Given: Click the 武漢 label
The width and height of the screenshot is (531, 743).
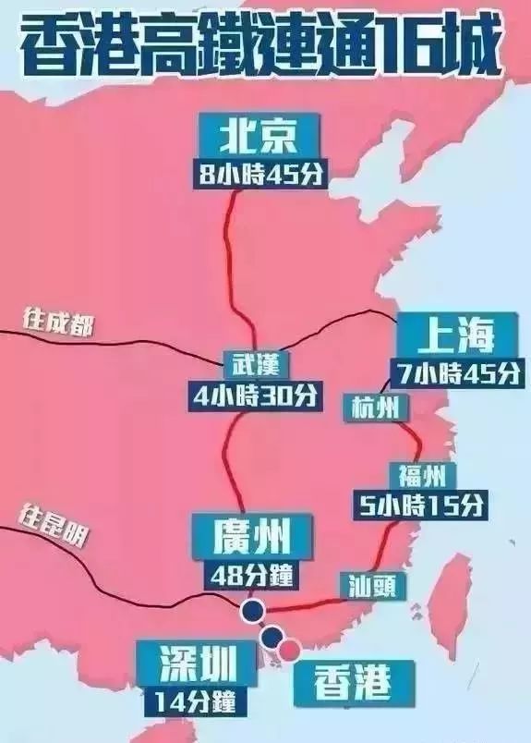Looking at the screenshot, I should [250, 362].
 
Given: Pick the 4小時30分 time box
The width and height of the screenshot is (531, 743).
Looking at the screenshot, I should [252, 395].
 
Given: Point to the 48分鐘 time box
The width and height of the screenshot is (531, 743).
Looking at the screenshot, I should [251, 573].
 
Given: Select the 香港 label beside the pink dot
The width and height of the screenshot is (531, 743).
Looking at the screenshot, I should [352, 682].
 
